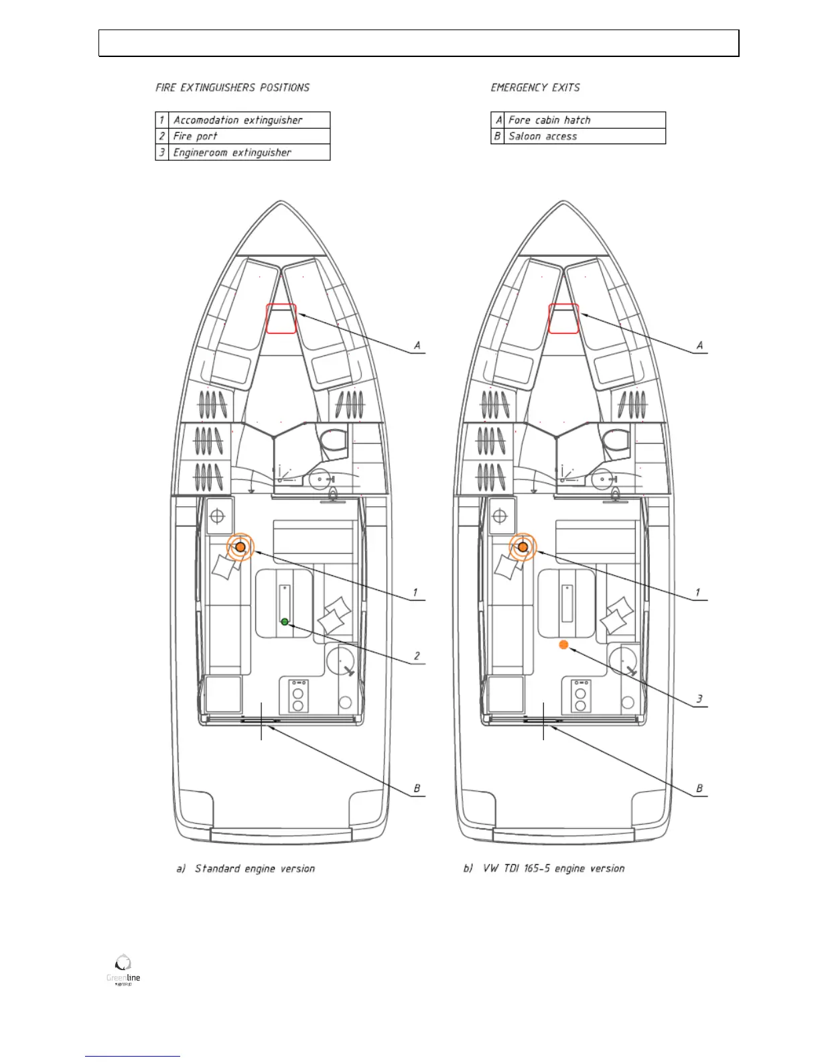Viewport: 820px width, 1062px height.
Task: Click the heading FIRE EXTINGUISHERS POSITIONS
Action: (232, 88)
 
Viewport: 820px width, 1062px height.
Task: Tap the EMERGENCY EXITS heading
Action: (535, 88)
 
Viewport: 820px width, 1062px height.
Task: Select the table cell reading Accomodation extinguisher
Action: (238, 120)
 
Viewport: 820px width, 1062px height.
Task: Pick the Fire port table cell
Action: (196, 136)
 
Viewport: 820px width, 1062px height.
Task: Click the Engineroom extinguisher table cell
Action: (232, 152)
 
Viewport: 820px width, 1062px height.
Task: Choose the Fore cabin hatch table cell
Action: (549, 120)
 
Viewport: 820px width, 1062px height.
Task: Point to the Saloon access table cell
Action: (543, 136)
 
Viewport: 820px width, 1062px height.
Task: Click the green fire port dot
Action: (285, 622)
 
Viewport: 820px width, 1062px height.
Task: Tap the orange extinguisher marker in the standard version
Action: (241, 547)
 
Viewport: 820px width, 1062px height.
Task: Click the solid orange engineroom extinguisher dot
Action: (563, 644)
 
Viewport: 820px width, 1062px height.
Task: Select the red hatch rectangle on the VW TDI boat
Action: (563, 318)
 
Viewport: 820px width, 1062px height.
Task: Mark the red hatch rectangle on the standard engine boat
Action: (281, 318)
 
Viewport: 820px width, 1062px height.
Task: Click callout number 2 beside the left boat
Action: (417, 656)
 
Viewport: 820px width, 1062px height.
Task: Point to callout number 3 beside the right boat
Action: (699, 699)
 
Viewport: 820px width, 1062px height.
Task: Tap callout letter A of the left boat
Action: (417, 345)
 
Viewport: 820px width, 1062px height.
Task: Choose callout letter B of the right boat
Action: (699, 788)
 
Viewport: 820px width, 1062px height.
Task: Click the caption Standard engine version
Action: (255, 869)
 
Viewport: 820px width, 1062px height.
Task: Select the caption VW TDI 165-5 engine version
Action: (553, 869)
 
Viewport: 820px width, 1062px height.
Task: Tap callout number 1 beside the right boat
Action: (697, 593)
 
